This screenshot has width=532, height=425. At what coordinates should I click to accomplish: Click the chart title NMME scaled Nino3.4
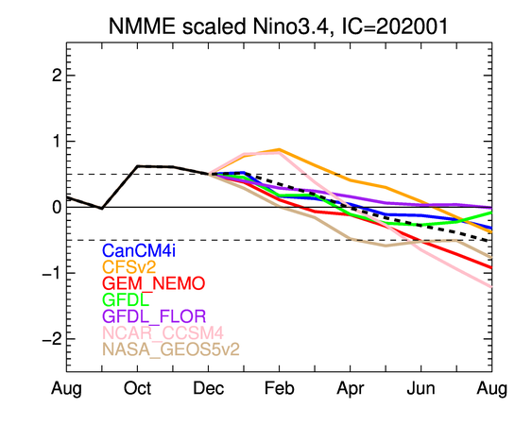click(x=219, y=26)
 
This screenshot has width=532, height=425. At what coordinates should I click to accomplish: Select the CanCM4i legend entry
click(x=139, y=250)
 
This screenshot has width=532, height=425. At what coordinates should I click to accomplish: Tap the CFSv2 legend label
click(x=129, y=267)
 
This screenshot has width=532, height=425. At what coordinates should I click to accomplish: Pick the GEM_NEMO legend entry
click(x=153, y=283)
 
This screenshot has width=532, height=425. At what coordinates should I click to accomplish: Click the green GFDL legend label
click(x=126, y=299)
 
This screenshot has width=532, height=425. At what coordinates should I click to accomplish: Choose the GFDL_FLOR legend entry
click(x=154, y=316)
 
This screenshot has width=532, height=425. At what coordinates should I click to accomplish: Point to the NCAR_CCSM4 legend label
click(x=163, y=332)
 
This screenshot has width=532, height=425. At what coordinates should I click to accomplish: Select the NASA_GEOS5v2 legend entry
click(x=171, y=349)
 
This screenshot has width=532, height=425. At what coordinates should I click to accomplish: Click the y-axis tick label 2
click(x=57, y=76)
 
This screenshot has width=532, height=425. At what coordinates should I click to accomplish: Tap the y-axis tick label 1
click(x=57, y=141)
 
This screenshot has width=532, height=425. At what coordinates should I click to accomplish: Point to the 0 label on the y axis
click(x=57, y=207)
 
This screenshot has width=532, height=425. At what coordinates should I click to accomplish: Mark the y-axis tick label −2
click(x=52, y=339)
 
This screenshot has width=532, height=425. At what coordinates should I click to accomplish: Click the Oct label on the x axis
click(x=137, y=389)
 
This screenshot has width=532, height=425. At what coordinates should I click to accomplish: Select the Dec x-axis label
click(x=208, y=389)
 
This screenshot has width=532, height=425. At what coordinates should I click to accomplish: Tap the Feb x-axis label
click(x=280, y=389)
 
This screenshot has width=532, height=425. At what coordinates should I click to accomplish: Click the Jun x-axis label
click(x=421, y=389)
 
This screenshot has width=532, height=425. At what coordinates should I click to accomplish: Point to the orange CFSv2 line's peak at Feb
click(x=280, y=149)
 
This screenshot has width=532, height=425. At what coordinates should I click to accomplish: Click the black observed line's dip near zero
click(x=102, y=209)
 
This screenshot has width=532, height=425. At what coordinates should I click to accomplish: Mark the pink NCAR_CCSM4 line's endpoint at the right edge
click(x=491, y=287)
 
